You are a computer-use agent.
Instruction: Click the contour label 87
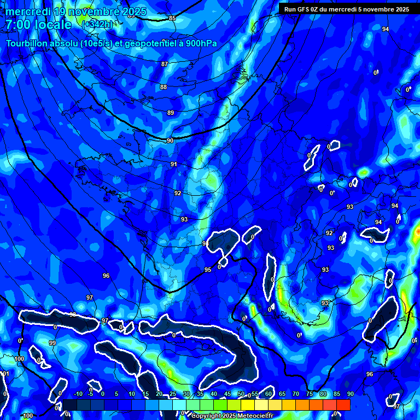click(x=165, y=65)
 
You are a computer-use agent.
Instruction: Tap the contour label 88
click(x=164, y=87)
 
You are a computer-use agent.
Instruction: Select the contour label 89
click(x=171, y=113)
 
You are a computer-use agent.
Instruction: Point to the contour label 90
click(x=170, y=141)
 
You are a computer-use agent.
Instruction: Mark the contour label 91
click(x=174, y=165)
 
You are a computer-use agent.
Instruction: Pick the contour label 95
click(x=208, y=270)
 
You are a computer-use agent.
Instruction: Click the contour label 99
click(x=52, y=343)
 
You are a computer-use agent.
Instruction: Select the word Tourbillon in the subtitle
click(x=27, y=44)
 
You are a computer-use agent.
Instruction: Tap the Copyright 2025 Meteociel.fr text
click(x=232, y=416)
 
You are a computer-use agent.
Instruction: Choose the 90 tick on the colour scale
click(x=350, y=394)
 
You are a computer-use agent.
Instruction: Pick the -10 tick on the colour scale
click(x=78, y=394)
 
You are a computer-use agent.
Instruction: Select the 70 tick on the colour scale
click(x=296, y=394)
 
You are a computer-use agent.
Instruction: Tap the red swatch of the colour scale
click(x=343, y=404)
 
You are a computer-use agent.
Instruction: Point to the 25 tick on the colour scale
click(x=173, y=394)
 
